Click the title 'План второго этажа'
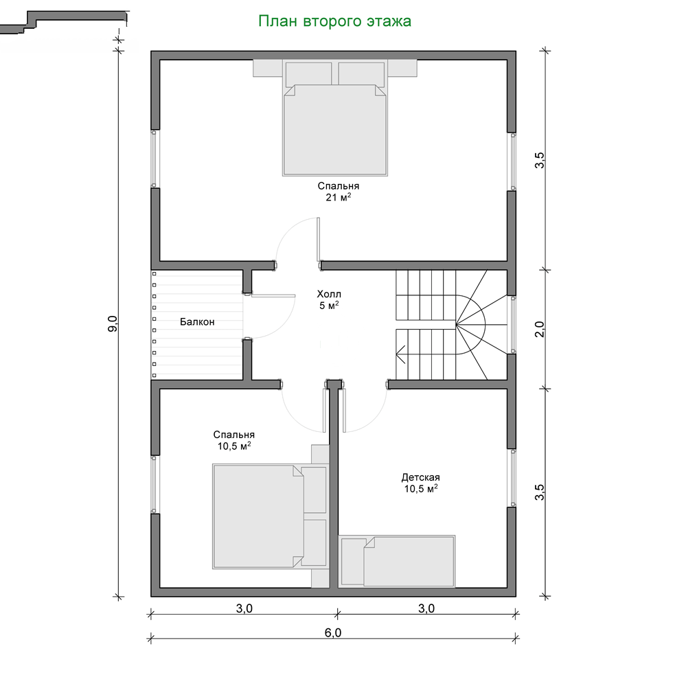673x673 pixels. coord(335,21)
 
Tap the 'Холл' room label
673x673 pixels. coord(329,294)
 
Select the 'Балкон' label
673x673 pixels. coord(197,322)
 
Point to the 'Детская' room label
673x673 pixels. coord(420,477)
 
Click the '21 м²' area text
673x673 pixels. coord(338,198)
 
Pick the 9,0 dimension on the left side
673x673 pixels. coord(113,323)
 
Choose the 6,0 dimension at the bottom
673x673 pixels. coord(333,632)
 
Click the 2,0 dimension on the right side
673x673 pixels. coord(540,329)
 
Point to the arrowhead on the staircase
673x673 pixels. coord(400,354)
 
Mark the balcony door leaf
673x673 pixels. coord(273,296)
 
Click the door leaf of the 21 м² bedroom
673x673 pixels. coord(319,239)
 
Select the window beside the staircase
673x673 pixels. coord(512,324)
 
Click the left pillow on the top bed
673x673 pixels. coord(308,74)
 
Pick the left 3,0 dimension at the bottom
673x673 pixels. coord(244,608)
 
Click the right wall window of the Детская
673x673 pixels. coord(512,478)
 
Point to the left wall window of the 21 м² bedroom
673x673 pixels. coord(155,159)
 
